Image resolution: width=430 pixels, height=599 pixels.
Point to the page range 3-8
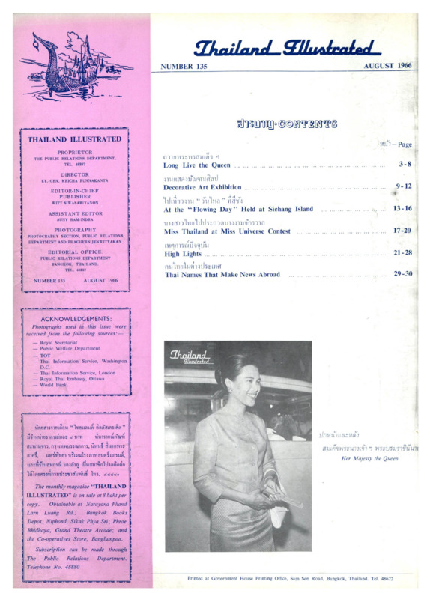405,163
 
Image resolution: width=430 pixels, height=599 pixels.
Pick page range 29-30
402,275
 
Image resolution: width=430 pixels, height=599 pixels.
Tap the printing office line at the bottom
291,578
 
